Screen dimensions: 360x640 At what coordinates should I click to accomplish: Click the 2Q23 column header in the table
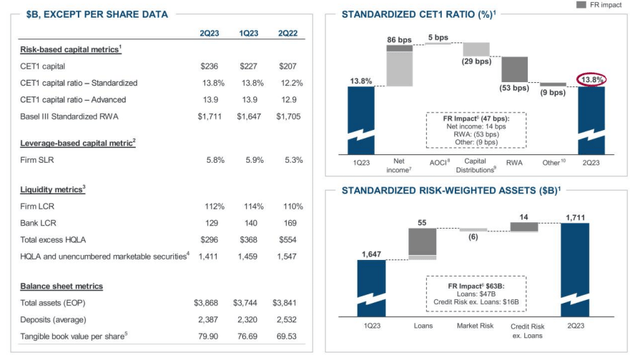tap(209, 34)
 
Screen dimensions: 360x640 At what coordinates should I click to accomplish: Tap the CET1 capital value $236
tap(209, 65)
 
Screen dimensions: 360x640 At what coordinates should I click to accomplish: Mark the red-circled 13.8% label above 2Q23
tap(592, 78)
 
